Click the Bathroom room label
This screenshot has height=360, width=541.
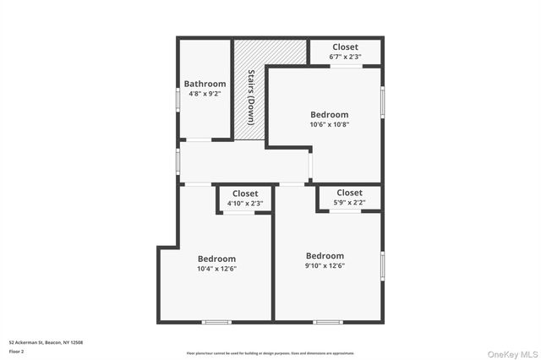[x=205, y=84]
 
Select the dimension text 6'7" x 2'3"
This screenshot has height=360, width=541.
[x=344, y=57]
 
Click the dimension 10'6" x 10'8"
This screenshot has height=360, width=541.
[x=329, y=124]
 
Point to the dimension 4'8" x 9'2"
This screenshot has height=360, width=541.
[x=205, y=94]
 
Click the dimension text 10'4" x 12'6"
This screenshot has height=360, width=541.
[x=216, y=269]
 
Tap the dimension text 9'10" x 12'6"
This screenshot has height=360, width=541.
[x=325, y=265]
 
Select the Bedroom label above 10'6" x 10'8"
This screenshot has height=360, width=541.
[x=329, y=114]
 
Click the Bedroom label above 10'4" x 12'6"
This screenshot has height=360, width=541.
[x=216, y=259]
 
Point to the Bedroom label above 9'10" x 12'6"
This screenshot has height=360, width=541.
[x=325, y=256]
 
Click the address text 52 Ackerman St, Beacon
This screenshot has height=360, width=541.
[x=46, y=342]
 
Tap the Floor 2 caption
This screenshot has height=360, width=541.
[x=17, y=350]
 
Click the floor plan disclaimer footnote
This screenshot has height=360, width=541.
[x=270, y=352]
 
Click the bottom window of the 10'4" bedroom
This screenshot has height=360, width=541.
[x=216, y=322]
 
